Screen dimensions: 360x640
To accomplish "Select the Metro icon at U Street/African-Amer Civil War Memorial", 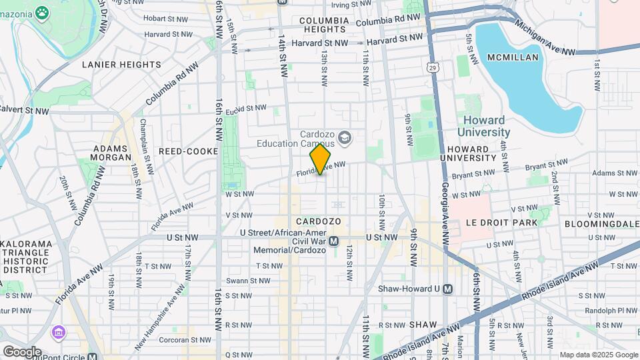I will (x=334, y=241).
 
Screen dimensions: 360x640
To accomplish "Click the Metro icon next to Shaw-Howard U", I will (x=447, y=289).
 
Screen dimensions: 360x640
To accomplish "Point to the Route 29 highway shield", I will (x=433, y=67).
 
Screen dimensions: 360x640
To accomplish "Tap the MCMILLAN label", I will (x=513, y=57).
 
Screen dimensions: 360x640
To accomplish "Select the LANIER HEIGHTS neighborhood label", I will (x=121, y=65).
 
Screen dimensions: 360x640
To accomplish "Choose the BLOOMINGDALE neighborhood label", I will (x=601, y=223).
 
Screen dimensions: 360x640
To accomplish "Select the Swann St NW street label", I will (x=246, y=280).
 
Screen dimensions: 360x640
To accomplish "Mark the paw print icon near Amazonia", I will (x=42, y=12).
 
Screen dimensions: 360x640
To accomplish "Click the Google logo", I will (x=21, y=351).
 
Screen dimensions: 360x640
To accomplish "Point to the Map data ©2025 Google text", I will (x=597, y=355).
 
